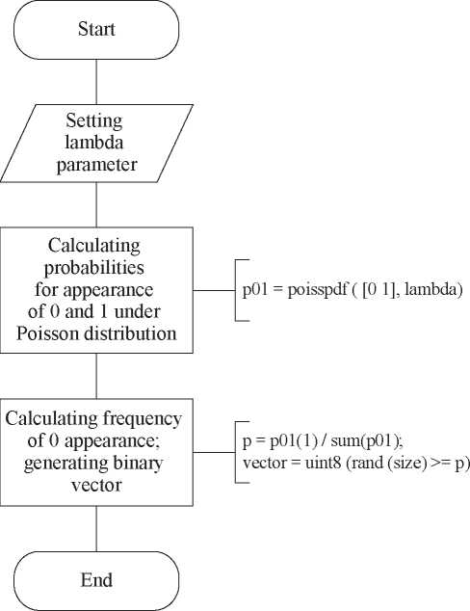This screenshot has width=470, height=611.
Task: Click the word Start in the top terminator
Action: click(96, 29)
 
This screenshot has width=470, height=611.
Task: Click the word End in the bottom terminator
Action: click(96, 580)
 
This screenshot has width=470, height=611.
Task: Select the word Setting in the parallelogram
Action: click(93, 121)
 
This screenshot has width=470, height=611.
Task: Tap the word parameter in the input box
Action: click(96, 165)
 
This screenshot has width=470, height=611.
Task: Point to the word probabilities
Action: click(93, 268)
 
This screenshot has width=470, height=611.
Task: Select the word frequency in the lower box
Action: click(143, 419)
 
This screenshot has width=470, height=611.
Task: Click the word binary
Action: click(139, 464)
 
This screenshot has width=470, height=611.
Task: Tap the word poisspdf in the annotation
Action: click(317, 291)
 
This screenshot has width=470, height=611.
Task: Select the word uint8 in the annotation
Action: click(324, 464)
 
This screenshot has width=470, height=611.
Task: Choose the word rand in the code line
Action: click(364, 464)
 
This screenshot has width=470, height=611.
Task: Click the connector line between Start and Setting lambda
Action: click(96, 82)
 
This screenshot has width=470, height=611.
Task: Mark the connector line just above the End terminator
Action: click(96, 529)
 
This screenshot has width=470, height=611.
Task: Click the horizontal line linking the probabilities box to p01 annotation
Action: click(214, 290)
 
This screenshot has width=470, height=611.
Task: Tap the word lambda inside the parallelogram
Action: click(93, 143)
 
